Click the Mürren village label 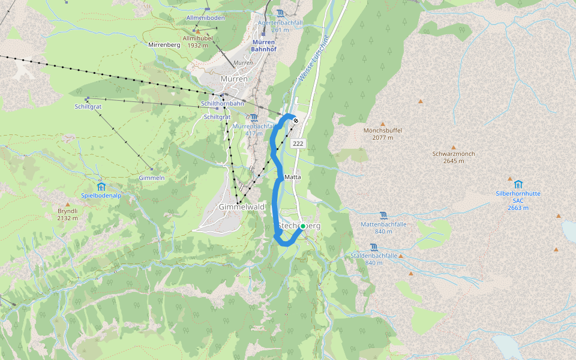tap(234, 79)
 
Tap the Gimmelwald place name tap(242, 206)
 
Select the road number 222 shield tap(298, 143)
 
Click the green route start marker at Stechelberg tap(303, 226)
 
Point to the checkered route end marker tap(296, 121)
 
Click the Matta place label tap(293, 177)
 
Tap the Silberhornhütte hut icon tap(518, 184)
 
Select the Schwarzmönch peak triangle tap(454, 147)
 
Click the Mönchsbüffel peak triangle tap(383, 124)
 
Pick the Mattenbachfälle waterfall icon tap(384, 215)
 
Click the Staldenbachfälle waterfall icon tap(374, 247)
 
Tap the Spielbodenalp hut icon tap(101, 186)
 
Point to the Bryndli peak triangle tap(68, 205)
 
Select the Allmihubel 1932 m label tap(197, 41)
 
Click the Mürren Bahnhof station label tap(263, 46)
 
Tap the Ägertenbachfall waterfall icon tap(281, 14)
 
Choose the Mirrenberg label tap(164, 45)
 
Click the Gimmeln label tap(151, 178)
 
